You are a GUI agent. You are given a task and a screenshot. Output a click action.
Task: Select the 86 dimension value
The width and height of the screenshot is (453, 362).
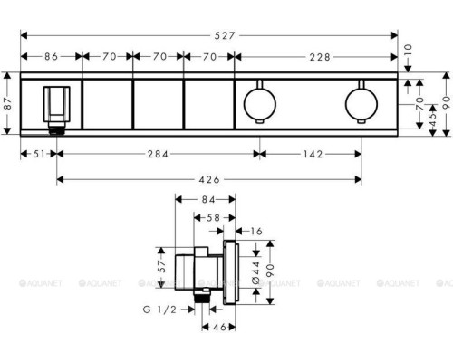pyautogui.click(x=50, y=56)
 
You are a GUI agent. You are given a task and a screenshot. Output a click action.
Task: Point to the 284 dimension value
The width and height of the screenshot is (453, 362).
pyautogui.click(x=158, y=155)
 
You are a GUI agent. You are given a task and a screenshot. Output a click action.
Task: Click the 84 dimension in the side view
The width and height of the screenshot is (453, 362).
pyautogui.click(x=207, y=200)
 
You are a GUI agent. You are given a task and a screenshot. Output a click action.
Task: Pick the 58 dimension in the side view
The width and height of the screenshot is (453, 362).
pyautogui.click(x=215, y=218)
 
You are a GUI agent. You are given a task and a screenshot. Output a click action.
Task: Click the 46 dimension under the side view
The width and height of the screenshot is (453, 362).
pyautogui.click(x=218, y=328)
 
